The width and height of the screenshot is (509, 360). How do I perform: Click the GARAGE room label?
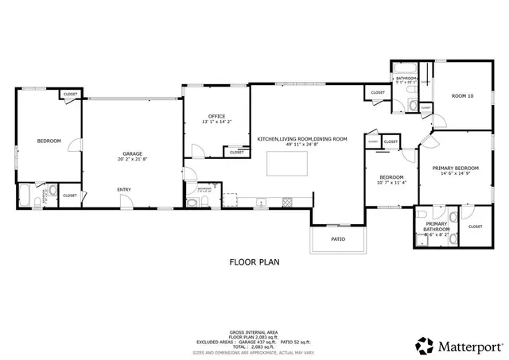pyautogui.click(x=132, y=153)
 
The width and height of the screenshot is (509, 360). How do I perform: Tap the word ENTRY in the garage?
pyautogui.click(x=124, y=189)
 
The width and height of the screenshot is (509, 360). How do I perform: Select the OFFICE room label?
pyautogui.click(x=216, y=116)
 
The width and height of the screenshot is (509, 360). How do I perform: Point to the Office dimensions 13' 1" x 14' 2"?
pyautogui.click(x=216, y=122)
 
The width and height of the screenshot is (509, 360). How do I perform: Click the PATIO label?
pyautogui.click(x=338, y=238)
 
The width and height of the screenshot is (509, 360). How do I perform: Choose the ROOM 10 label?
pyautogui.click(x=462, y=96)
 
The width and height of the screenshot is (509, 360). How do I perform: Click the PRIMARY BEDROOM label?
pyautogui.click(x=460, y=168)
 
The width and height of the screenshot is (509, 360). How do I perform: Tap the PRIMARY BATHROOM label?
pyautogui.click(x=436, y=227)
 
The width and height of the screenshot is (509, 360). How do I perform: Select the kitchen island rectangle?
pyautogui.click(x=283, y=163)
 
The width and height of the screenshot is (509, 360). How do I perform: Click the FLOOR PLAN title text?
pyautogui.click(x=254, y=261)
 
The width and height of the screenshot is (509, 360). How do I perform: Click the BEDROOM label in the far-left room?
pyautogui.click(x=49, y=141)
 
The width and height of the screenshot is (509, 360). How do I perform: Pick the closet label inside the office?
pyautogui.click(x=237, y=152)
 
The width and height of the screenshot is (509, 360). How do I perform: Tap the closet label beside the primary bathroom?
pyautogui.click(x=475, y=226)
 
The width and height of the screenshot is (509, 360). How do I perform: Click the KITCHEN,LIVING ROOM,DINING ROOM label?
pyautogui.click(x=302, y=139)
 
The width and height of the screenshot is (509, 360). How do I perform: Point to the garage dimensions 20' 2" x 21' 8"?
pyautogui.click(x=132, y=160)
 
